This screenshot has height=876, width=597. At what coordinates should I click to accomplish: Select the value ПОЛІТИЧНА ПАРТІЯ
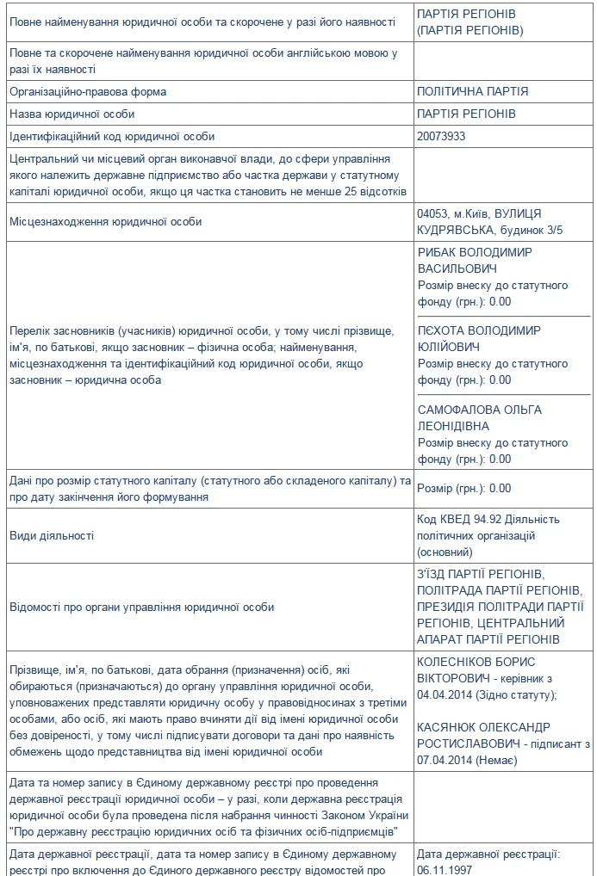click(x=472, y=91)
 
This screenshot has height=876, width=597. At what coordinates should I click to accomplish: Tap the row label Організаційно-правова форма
click(x=88, y=91)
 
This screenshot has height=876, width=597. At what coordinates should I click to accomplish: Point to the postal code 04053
click(x=432, y=213)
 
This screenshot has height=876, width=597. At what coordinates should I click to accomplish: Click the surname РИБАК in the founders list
click(x=437, y=252)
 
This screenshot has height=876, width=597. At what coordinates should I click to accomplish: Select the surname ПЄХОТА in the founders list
click(x=440, y=331)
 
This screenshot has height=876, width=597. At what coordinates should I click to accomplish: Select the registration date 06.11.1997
click(x=445, y=870)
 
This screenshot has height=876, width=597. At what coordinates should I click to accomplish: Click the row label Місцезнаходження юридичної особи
click(x=105, y=222)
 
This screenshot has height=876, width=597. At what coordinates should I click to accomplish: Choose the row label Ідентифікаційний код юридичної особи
click(x=112, y=136)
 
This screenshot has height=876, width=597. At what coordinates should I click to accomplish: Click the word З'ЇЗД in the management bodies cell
click(x=434, y=574)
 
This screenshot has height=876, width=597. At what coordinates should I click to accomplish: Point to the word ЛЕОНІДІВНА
click(x=453, y=426)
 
